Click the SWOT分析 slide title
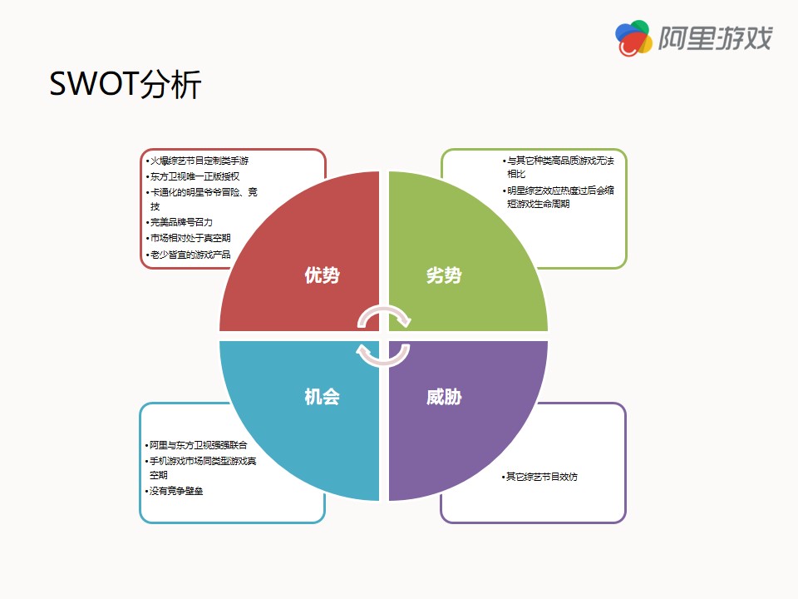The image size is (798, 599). (126, 84)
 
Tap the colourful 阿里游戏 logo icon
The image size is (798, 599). (633, 38)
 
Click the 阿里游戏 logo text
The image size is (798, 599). (716, 38)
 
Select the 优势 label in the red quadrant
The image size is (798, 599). (323, 275)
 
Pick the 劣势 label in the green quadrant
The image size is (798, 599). (444, 275)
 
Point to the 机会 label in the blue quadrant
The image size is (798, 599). (323, 396)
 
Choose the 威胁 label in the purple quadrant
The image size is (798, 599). (444, 396)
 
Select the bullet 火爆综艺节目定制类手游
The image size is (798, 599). (198, 161)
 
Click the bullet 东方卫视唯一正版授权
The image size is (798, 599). (193, 176)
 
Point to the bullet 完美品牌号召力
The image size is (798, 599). (180, 223)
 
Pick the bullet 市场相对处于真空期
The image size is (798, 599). (189, 239)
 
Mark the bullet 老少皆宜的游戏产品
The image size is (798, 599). (189, 255)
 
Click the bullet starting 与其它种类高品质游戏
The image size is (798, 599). (559, 167)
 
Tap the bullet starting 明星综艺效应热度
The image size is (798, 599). (559, 197)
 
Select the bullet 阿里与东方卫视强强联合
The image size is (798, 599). (196, 445)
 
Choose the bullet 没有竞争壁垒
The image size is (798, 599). (174, 491)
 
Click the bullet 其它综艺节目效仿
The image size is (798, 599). (540, 477)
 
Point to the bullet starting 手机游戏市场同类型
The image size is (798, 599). (201, 468)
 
